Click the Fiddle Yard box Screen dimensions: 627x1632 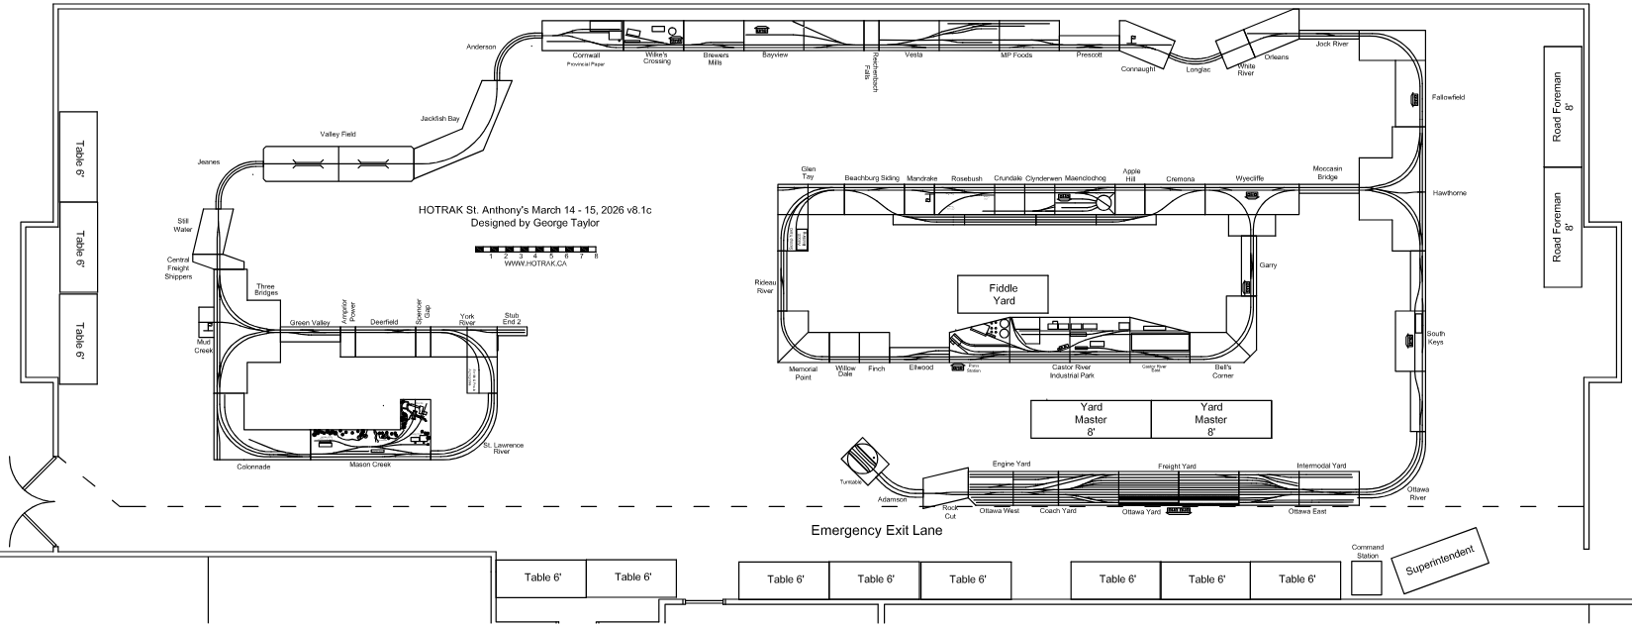point(1003,294)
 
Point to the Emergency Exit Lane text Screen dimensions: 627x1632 point(876,531)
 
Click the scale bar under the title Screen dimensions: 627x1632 point(535,249)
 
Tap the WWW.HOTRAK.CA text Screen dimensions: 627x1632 point(534,263)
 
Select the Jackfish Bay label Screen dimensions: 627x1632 point(439,119)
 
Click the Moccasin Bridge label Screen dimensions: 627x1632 point(1327,172)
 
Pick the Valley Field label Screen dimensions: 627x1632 point(337,134)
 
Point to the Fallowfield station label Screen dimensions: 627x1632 point(1448,98)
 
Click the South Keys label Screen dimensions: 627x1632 point(1435,339)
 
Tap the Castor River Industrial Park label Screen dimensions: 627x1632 point(1072,372)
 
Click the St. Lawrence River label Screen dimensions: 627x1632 point(503,449)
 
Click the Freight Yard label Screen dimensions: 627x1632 point(1178,466)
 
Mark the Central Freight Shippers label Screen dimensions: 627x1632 point(178,269)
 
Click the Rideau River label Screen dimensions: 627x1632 point(764,287)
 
